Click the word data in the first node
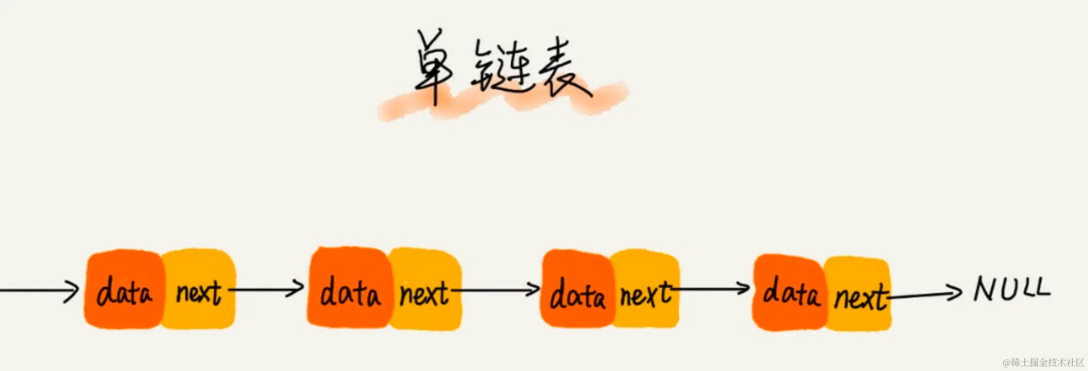pos(124,292)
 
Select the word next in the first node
pos(199,293)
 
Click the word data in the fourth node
pos(791,292)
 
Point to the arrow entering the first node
pos(39,291)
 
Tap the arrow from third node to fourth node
pos(713,289)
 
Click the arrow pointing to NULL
pos(926,294)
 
